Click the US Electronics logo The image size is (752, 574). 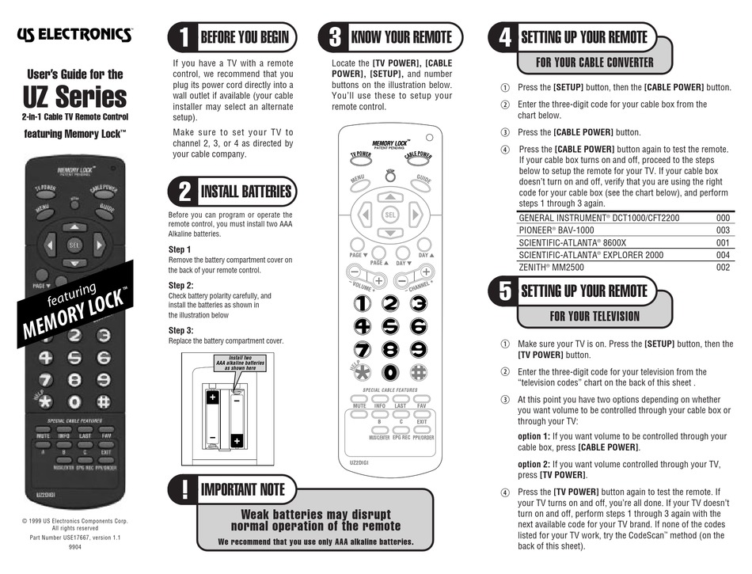(x=74, y=34)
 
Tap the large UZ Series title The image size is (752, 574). (x=74, y=98)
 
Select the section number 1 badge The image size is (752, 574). (x=183, y=37)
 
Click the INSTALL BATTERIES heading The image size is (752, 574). (x=245, y=192)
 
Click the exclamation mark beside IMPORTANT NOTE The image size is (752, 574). (x=183, y=489)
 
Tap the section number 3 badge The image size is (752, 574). (x=334, y=37)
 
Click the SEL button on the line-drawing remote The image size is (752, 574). (x=389, y=214)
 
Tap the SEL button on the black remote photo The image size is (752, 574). (x=74, y=245)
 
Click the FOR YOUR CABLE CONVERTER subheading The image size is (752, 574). (x=594, y=63)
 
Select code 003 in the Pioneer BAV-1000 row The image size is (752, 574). (x=722, y=230)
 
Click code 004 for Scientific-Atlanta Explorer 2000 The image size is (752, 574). (x=722, y=255)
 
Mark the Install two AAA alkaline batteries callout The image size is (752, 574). (x=238, y=363)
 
